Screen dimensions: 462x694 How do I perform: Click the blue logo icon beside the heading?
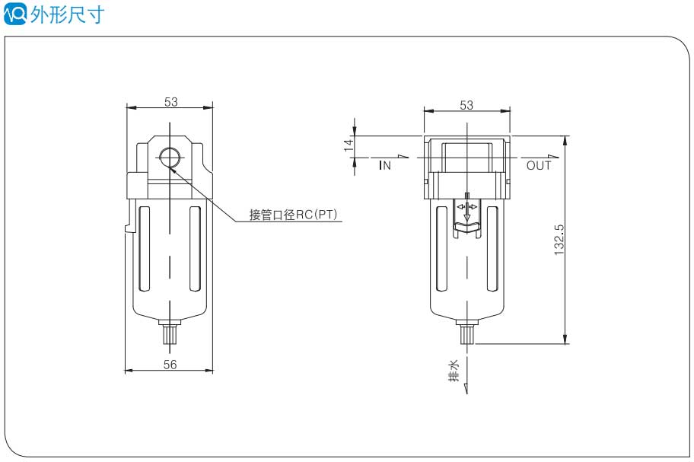(15, 14)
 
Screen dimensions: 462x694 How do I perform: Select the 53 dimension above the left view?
(170, 101)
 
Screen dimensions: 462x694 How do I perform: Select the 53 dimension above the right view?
(466, 105)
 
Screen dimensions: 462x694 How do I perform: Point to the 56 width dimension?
(170, 365)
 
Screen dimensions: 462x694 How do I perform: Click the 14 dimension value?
(349, 145)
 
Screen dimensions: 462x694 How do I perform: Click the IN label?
(385, 165)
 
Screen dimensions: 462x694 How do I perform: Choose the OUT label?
(539, 165)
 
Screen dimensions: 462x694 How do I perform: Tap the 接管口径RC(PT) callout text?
(293, 215)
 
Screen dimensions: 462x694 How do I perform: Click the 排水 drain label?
(454, 371)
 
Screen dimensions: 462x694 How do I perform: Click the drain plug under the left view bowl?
(170, 333)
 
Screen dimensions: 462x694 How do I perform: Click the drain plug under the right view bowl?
(467, 333)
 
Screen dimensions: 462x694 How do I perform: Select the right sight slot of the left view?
(195, 248)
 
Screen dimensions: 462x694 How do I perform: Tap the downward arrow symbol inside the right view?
(467, 217)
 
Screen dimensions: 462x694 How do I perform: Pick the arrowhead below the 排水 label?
(466, 389)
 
